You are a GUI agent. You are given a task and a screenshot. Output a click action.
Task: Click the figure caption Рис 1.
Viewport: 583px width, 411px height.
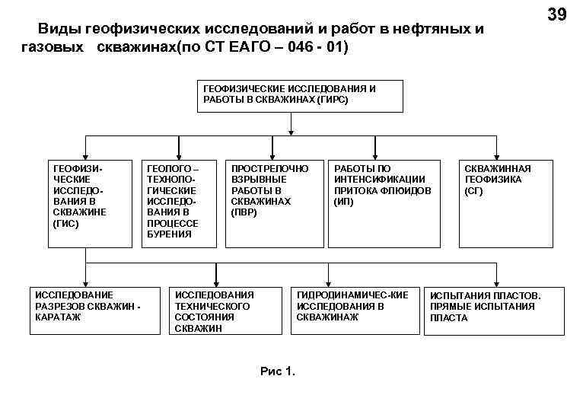277,371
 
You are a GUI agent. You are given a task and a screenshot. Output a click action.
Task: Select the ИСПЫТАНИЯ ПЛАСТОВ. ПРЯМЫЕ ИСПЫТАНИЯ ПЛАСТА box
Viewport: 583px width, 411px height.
495,310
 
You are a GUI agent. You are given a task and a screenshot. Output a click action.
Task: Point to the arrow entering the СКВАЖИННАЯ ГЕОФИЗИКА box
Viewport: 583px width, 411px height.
498,151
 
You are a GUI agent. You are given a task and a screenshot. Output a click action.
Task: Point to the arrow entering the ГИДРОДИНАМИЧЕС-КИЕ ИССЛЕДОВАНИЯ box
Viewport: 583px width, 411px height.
328,279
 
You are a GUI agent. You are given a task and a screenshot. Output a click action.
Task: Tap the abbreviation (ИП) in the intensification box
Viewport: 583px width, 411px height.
343,202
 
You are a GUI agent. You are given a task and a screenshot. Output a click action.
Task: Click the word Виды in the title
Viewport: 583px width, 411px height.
59,30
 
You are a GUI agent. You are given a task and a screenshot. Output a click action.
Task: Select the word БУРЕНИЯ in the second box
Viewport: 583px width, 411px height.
169,234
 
